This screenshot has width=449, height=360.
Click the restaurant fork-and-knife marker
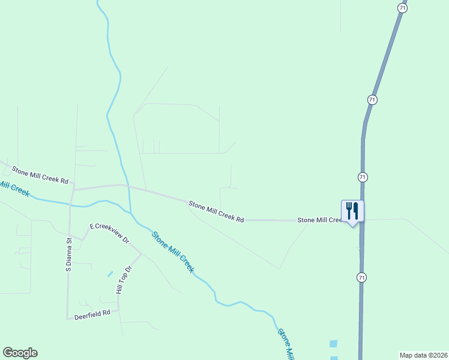pyautogui.click(x=352, y=211)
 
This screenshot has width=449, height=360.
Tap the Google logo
pyautogui.click(x=20, y=353)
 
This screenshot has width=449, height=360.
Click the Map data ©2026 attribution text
pyautogui.click(x=423, y=355)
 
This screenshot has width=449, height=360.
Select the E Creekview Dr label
pyautogui.click(x=109, y=233)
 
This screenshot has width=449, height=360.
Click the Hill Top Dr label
pyautogui.click(x=123, y=280)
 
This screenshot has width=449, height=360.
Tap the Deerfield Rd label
pyautogui.click(x=92, y=313)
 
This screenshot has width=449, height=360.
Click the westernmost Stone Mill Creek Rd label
pyautogui.click(x=40, y=174)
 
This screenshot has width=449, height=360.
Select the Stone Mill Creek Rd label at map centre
pyautogui.click(x=216, y=212)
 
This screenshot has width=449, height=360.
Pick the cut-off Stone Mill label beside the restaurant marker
pyautogui.click(x=319, y=220)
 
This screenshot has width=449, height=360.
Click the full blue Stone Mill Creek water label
pyautogui.click(x=173, y=252)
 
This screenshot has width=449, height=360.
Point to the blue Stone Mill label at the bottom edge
pyautogui.click(x=286, y=344)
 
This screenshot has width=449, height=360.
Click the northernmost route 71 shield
pyautogui.click(x=402, y=7)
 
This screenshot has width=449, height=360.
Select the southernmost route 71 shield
pyautogui.click(x=361, y=277)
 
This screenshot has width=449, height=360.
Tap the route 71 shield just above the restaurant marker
pyautogui.click(x=362, y=177)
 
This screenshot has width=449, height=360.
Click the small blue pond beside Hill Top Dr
pyautogui.click(x=110, y=274)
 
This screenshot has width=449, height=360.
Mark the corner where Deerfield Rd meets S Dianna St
pyautogui.click(x=67, y=317)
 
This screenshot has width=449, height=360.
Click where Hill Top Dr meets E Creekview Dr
pyautogui.click(x=141, y=254)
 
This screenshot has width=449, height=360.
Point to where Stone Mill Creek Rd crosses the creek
pyautogui.click(x=127, y=187)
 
